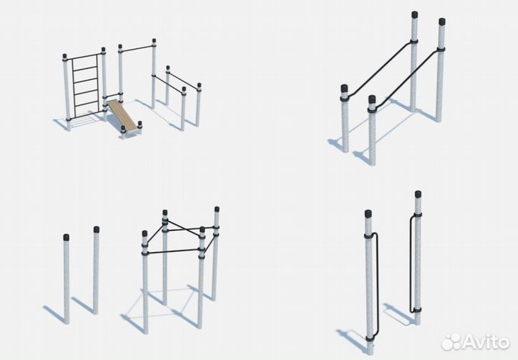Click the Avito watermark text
pos(486,342)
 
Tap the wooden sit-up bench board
pos(121,114)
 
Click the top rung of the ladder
pos(85,58)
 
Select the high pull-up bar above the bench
pos(137,48)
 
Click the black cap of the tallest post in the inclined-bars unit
pos(414,14)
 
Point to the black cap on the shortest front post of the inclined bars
pos(372,99)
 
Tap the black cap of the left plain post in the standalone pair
pos(66,237)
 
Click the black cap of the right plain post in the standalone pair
pos(96,230)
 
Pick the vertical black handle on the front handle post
pos(376,285)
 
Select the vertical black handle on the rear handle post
pos(412,264)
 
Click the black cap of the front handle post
pos(368,214)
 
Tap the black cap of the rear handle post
pos(418,194)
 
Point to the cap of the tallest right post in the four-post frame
pos(217,210)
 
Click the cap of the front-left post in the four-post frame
pos(145,233)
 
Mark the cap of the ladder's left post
pos(65,56)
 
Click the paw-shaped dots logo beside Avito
pos(451,342)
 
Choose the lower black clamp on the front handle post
pos(370,338)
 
